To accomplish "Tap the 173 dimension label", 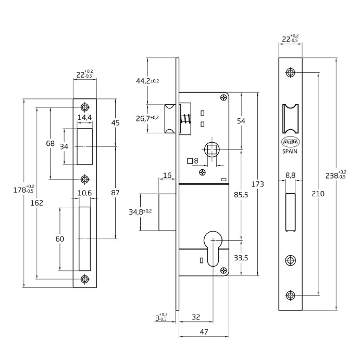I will [257, 184].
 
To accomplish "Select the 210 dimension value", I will [318, 193].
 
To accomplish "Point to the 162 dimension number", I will [36, 203].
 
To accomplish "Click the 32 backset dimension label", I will [196, 316].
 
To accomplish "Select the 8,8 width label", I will [291, 176].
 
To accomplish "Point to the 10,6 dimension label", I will [85, 193].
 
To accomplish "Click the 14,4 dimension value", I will [84, 118].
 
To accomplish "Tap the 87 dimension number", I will [115, 193].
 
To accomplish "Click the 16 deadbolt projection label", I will [167, 176].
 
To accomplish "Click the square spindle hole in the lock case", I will [212, 150].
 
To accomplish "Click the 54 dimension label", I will [241, 121].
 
